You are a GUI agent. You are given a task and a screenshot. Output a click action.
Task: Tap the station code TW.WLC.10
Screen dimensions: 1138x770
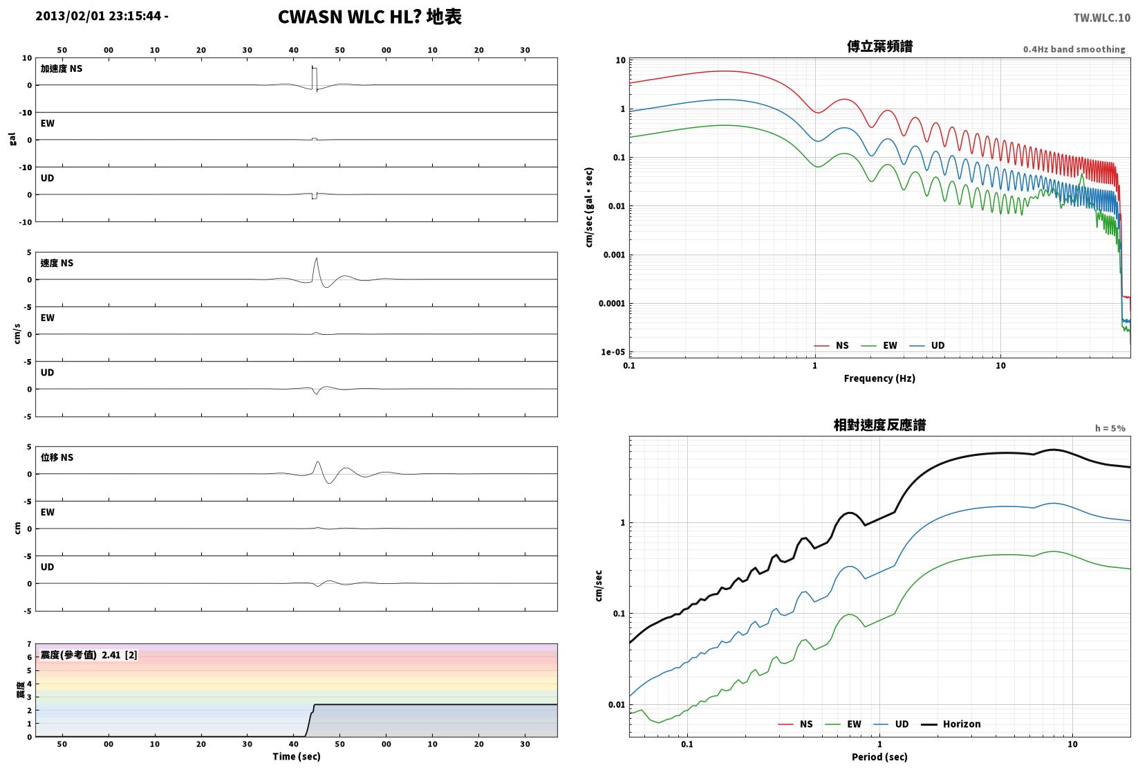point(1101,18)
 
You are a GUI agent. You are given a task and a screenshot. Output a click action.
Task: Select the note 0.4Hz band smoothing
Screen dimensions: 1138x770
point(1074,49)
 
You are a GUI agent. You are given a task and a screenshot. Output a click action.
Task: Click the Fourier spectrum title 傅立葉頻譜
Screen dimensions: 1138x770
point(879,46)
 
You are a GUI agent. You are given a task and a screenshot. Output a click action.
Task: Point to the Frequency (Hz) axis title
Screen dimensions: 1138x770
point(879,378)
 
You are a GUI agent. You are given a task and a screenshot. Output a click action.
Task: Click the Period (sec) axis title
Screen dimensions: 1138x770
point(879,757)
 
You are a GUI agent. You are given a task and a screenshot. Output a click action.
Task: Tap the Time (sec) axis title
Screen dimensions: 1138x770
point(297,756)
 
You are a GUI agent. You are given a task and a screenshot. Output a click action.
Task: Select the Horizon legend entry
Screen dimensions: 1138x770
point(951,724)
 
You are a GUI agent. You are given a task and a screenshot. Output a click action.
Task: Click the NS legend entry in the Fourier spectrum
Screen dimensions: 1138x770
point(831,345)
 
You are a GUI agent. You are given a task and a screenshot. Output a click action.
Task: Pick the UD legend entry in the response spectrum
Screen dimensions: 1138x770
point(891,724)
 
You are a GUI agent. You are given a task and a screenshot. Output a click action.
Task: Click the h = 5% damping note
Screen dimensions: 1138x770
point(1110,428)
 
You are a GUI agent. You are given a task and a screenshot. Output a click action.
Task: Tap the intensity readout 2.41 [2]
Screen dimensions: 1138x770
point(120,654)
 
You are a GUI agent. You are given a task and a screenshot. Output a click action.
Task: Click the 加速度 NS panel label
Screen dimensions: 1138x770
point(62,68)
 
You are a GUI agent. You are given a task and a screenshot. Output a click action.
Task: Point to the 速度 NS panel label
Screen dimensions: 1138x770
point(57,263)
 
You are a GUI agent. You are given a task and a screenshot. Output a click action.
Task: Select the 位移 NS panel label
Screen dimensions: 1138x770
point(57,457)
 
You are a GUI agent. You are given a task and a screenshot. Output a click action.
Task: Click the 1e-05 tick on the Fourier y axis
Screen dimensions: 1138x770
point(613,351)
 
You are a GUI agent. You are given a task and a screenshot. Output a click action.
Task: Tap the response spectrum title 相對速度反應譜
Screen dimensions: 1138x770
point(879,425)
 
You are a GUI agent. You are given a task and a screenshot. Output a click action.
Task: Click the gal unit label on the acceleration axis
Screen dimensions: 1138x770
point(12,139)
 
